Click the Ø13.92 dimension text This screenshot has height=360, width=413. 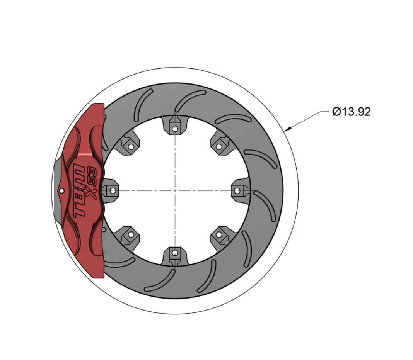tap(351, 112)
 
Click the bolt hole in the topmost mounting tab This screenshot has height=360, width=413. tap(175, 129)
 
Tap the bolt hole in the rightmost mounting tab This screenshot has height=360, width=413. tap(237, 190)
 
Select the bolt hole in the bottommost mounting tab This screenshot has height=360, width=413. tap(175, 253)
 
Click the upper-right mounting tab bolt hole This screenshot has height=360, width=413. tap(219, 147)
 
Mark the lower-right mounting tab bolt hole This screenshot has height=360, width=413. tap(219, 234)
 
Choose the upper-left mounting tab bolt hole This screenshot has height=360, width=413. tap(131, 147)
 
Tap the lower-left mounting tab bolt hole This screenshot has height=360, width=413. tap(131, 234)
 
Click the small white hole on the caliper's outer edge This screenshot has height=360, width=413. tap(61, 190)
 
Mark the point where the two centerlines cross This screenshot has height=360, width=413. tap(175, 190)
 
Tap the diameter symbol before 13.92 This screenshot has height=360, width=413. tap(336, 112)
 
